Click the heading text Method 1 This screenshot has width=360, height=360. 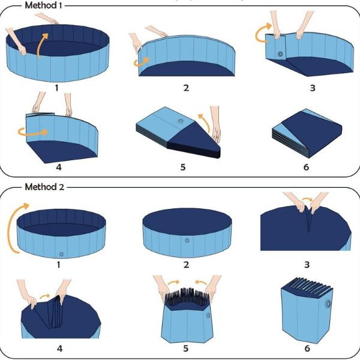point(43,5)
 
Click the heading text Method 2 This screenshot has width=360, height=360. point(44,187)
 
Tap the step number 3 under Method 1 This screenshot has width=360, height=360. point(313,88)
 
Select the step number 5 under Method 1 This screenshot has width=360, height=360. point(183,167)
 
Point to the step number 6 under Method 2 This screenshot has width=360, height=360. point(307,349)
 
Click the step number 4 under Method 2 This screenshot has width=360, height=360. point(59,349)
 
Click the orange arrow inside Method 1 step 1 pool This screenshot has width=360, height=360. point(41,45)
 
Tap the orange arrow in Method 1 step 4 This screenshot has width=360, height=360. point(32,133)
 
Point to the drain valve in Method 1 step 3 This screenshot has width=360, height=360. point(280,54)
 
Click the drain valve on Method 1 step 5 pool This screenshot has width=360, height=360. point(181,121)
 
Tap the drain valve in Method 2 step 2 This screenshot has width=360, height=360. point(187,241)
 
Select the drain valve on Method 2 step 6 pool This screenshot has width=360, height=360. point(328,304)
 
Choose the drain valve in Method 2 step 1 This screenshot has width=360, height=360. point(61,254)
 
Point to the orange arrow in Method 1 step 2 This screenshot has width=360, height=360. point(141,62)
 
